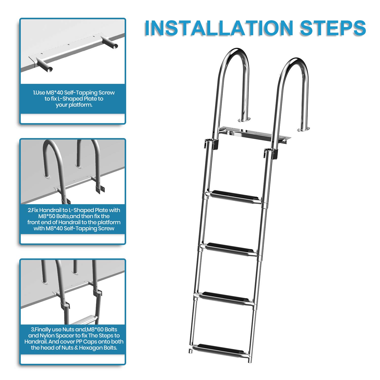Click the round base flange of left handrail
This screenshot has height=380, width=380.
pos(244,119)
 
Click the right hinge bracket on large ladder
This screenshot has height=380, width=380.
pos(271,153)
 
